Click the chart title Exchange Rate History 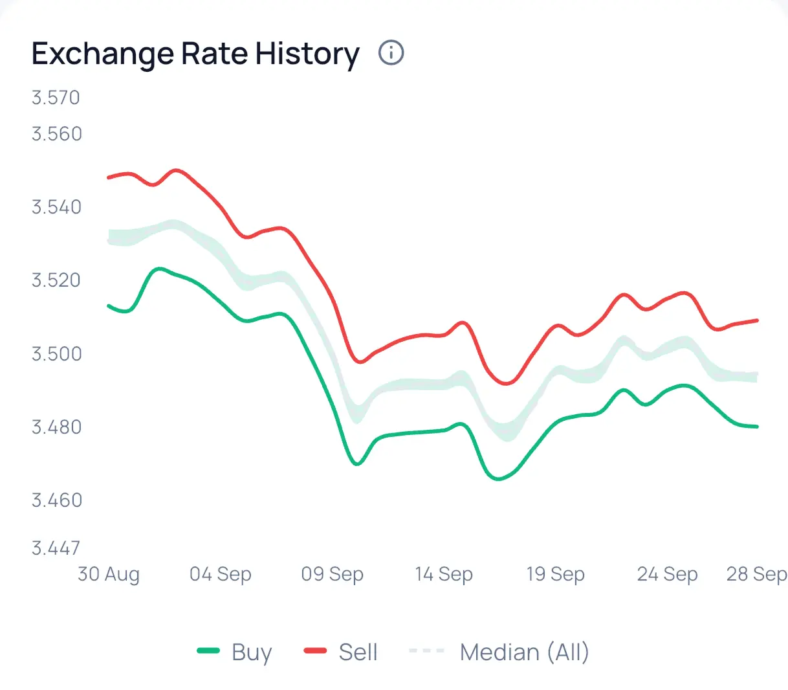[195, 54]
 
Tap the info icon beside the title [391, 52]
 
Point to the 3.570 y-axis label [56, 98]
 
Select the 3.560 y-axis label [57, 134]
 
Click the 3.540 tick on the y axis [57, 207]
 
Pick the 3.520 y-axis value [57, 280]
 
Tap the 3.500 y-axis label [57, 353]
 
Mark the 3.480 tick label [57, 427]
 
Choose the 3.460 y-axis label [57, 500]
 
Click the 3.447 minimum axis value [56, 548]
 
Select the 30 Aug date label [108, 574]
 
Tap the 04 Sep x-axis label [220, 574]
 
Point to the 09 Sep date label [332, 574]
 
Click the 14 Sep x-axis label [444, 574]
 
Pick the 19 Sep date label [555, 574]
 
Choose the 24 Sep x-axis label [667, 574]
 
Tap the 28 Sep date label [756, 574]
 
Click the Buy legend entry [235, 652]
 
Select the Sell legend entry [341, 652]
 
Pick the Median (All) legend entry [499, 652]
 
